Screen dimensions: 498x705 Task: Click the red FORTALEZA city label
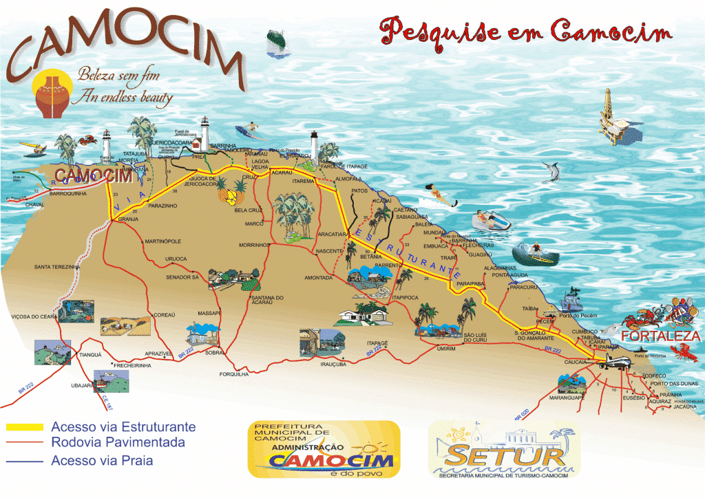660,337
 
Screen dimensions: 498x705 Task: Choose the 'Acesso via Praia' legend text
102,461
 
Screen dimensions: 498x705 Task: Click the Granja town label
129,219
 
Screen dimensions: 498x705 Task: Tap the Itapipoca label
406,297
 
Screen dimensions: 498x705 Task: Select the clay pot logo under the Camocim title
52,96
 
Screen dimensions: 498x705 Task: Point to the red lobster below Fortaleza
684,354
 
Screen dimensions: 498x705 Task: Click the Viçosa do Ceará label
34,316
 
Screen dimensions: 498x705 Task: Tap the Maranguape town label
566,398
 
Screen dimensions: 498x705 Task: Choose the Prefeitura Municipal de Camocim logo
323,448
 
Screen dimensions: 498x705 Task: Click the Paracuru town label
523,287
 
